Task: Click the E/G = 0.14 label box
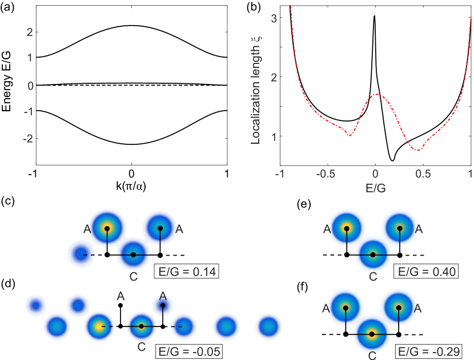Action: point(186,272)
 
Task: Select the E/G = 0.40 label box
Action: point(426,272)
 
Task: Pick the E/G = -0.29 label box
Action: point(427,351)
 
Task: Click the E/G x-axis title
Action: point(375,188)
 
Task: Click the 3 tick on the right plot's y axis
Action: point(274,18)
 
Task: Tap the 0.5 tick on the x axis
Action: point(423,173)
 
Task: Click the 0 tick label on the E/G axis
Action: point(375,173)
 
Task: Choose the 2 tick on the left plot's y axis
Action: point(29,32)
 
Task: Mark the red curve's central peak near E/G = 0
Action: point(375,94)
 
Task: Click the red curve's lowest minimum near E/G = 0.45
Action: point(418,151)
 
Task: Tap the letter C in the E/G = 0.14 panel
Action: point(133,277)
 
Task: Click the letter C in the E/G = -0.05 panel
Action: point(142,346)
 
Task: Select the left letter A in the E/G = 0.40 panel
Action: point(327,229)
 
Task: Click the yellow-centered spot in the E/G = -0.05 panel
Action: point(99,327)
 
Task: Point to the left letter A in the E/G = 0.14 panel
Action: point(87,229)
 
